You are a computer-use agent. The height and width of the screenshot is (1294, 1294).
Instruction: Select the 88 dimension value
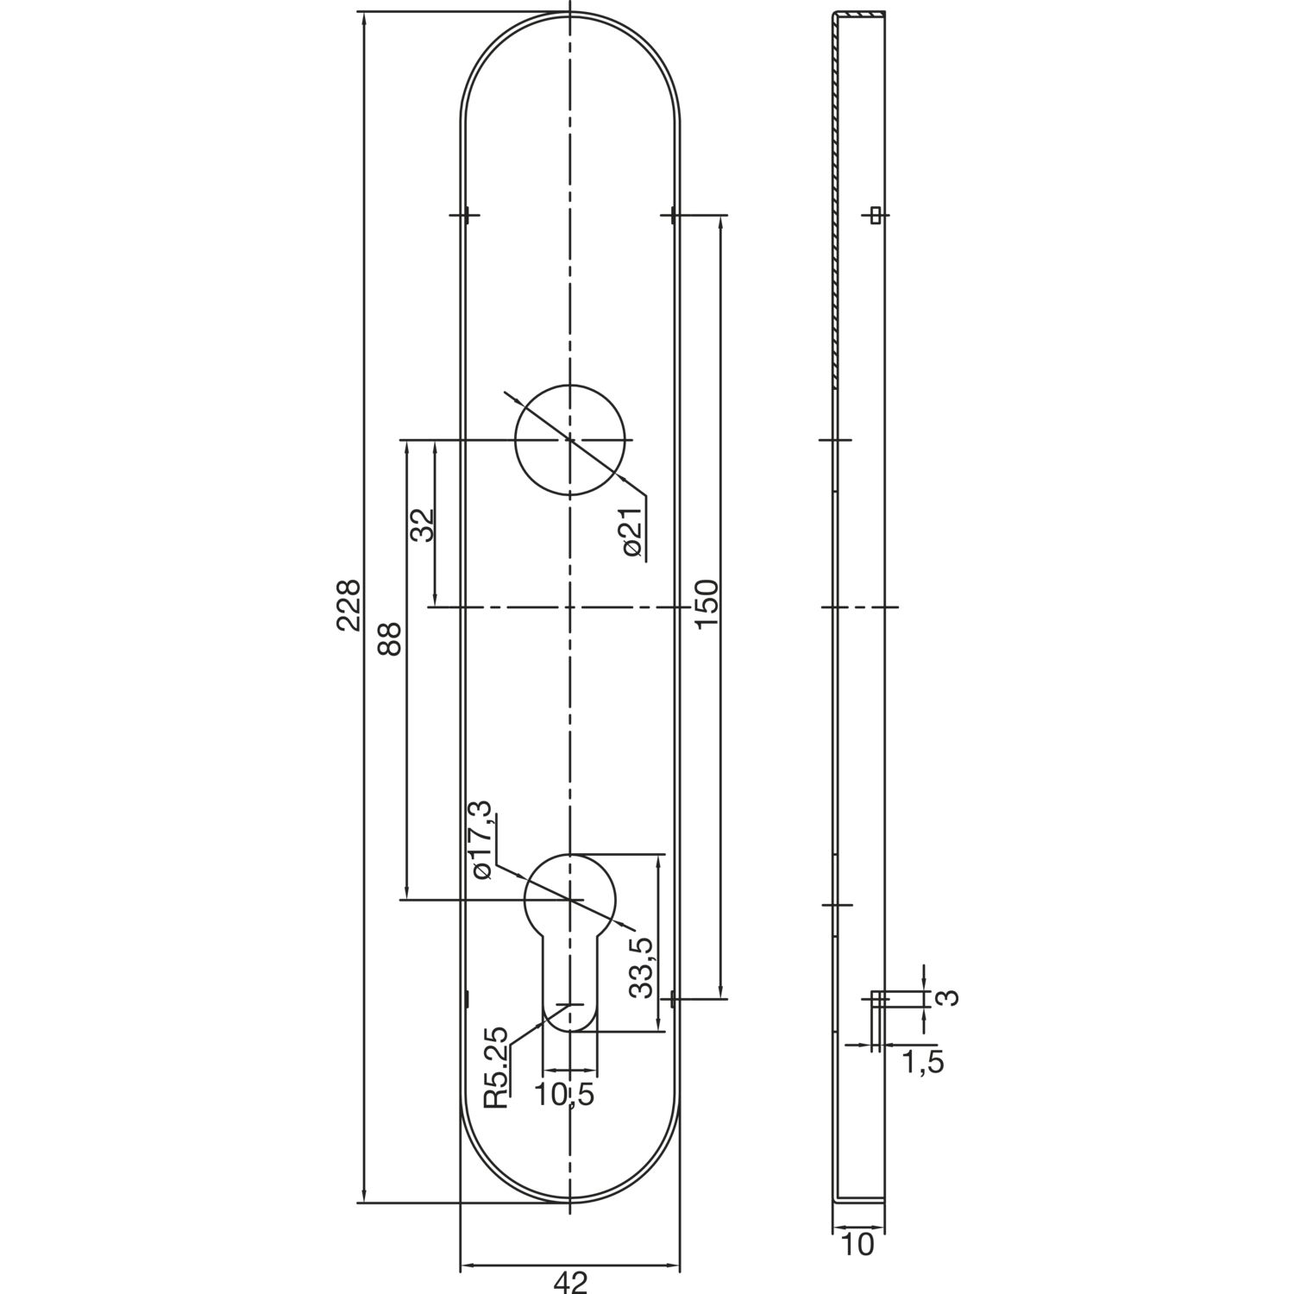pos(390,639)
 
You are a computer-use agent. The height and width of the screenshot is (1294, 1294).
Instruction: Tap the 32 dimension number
pos(423,524)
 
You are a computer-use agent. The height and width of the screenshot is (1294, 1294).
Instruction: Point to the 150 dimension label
pos(706,605)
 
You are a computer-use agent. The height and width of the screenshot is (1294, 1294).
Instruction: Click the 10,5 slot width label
pos(565,1096)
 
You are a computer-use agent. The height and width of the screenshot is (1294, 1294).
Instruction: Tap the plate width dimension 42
pos(569,1283)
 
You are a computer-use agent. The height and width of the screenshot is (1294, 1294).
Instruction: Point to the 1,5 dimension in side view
pos(923,1063)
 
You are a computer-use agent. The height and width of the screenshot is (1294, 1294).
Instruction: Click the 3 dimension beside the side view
pos(947,998)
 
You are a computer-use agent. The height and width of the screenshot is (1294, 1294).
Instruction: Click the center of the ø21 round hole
pos(569,440)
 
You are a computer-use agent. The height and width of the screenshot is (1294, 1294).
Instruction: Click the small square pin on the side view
pos(876,215)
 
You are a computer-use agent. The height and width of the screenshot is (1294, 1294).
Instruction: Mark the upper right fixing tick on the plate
pos(672,215)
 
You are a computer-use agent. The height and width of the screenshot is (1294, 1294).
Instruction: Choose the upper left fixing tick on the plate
pos(466,215)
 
